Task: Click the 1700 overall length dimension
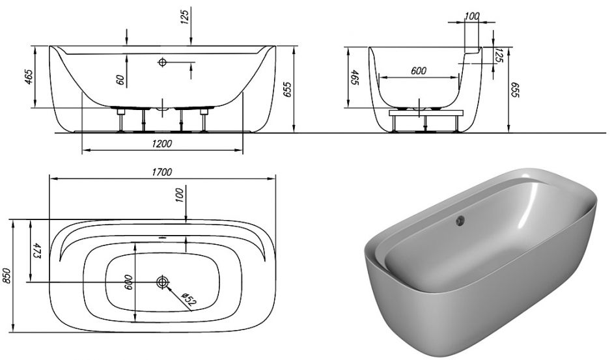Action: coord(162,172)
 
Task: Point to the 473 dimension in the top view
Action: coord(37,250)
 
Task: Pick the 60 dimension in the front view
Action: coord(120,79)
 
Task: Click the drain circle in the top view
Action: coord(162,282)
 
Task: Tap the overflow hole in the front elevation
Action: coord(162,62)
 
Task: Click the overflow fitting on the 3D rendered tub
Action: coord(460,221)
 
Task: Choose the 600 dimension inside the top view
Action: coord(129,282)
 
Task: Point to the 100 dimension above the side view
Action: coord(472,14)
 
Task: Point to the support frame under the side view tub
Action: coord(426,113)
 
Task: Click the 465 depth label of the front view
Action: coord(29,78)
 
